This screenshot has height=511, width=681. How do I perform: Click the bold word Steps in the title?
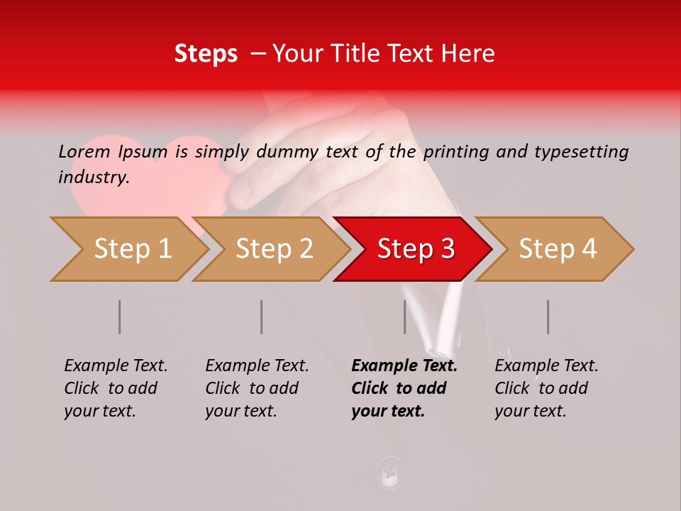point(206,54)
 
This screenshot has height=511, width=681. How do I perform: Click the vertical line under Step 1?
point(120,317)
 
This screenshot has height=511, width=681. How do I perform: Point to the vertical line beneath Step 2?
point(262,317)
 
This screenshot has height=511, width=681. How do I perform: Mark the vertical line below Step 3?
point(405,317)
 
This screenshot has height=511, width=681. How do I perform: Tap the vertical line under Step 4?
point(548,317)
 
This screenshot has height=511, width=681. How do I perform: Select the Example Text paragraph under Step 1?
point(116,388)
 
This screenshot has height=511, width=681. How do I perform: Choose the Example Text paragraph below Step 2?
point(257,388)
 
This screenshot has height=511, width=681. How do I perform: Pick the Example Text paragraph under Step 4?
point(546,388)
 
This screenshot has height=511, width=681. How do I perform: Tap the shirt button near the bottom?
point(389,473)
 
